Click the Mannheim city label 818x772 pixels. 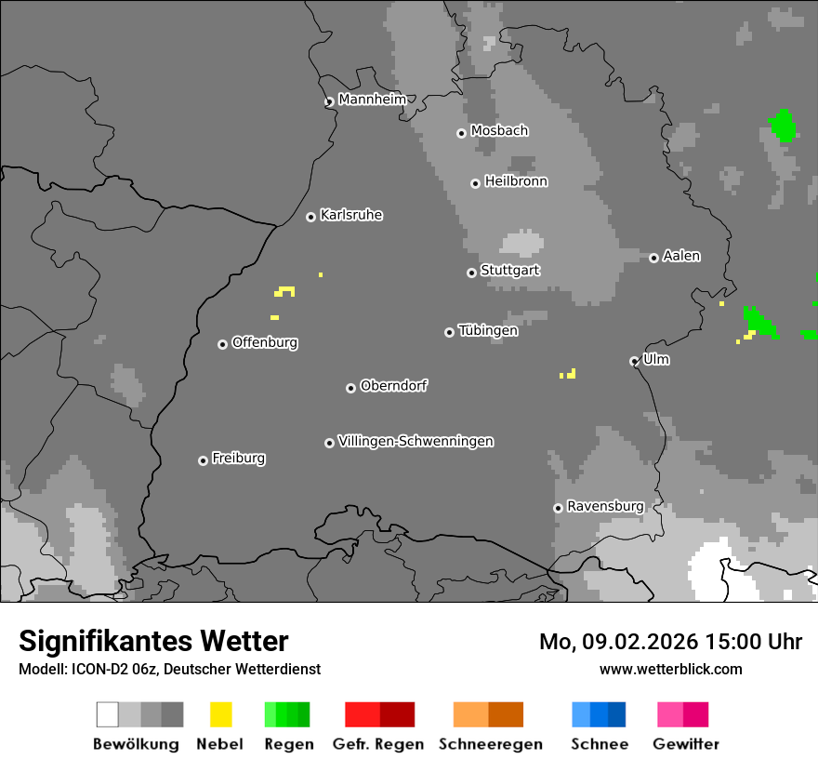point(372,100)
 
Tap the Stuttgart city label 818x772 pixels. point(509,271)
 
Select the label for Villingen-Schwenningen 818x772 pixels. point(416,441)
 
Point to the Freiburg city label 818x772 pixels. point(238,458)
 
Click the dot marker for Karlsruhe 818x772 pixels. point(310,217)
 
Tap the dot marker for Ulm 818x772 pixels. point(634,361)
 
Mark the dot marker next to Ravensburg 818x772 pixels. point(558,508)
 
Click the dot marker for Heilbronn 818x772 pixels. point(475,183)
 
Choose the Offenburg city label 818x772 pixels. point(264,342)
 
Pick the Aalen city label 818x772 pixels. point(681,256)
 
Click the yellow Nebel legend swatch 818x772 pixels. point(220,714)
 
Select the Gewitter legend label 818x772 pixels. point(685,744)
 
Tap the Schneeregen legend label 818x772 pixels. point(490,744)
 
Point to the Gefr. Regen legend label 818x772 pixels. point(377,744)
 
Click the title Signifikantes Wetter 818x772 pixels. point(153,641)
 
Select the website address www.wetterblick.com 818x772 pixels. point(670,669)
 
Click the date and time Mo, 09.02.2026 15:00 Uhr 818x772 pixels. point(670,642)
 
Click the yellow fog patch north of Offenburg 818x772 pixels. point(284,292)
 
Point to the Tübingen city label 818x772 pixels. point(488,330)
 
